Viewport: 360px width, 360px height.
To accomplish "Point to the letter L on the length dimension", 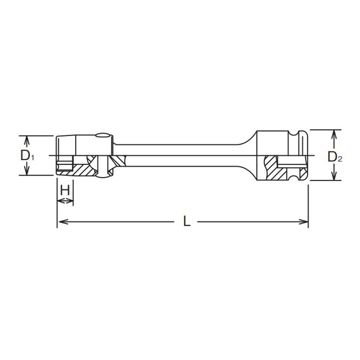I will (x=185, y=221).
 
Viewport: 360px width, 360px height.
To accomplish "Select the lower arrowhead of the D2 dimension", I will (x=334, y=177).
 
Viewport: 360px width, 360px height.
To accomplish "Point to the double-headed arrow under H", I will (x=65, y=202).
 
